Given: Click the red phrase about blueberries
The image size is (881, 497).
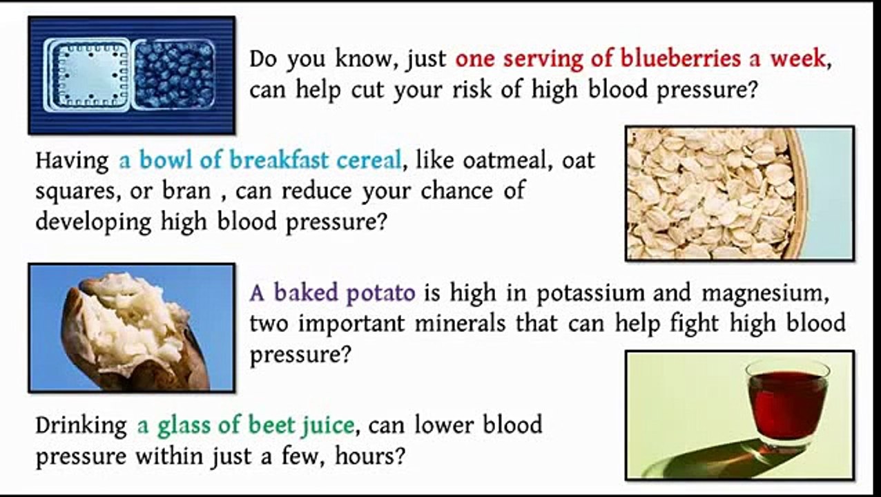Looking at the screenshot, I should [x=640, y=59].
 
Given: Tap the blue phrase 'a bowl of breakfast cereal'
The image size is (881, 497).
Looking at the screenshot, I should [x=260, y=160].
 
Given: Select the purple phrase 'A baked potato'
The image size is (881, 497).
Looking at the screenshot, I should [x=332, y=293].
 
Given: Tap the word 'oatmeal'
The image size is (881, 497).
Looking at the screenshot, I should [x=507, y=160].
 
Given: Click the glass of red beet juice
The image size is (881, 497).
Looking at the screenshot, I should [x=787, y=404].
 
